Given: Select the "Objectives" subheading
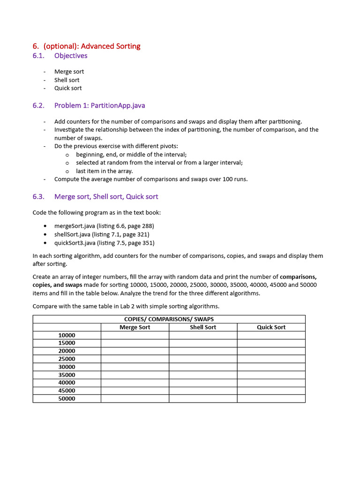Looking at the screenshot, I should tap(71, 56).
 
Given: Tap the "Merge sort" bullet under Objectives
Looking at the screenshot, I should tap(69, 72).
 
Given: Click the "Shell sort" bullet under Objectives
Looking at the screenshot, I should tap(67, 80).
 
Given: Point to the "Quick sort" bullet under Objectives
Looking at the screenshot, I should tap(68, 88).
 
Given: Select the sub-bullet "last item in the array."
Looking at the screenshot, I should tap(104, 171).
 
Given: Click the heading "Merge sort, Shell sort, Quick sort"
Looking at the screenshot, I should tap(106, 197).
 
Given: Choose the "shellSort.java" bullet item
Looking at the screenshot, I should tap(102, 234).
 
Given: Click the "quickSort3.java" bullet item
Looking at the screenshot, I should tap(104, 243).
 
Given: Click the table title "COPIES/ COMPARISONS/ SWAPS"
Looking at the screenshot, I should tap(169, 319).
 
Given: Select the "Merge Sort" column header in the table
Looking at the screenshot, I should tap(135, 327).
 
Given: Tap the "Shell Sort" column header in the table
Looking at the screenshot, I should tap(203, 327).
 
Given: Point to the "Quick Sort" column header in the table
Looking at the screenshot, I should tap(271, 327).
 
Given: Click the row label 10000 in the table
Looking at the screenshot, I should tap(67, 335).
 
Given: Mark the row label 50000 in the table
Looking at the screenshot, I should tap(67, 398).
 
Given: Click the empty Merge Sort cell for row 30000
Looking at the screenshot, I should tap(135, 367).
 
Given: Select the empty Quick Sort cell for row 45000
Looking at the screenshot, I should tap(271, 390).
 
